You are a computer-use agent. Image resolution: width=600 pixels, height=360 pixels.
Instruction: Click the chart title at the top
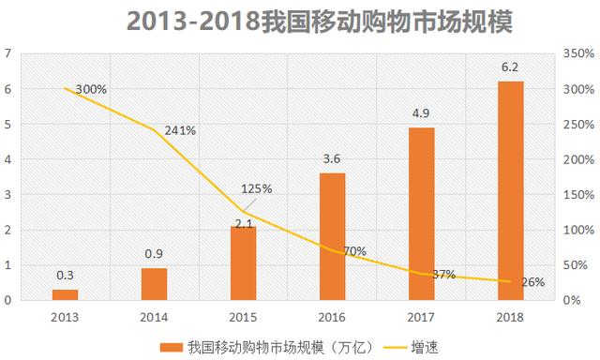[x=300, y=21]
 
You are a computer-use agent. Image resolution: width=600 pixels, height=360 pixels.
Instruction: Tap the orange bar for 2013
[x=66, y=294]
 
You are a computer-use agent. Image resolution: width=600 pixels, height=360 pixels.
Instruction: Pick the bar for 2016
[x=333, y=236]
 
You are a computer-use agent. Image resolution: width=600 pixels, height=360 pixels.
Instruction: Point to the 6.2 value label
[x=510, y=67]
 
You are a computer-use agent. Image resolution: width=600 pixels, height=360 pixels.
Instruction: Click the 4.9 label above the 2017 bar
[x=421, y=113]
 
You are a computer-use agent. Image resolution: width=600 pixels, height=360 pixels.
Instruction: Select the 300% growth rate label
[x=92, y=90]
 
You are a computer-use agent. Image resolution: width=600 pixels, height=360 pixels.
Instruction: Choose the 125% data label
[x=255, y=188]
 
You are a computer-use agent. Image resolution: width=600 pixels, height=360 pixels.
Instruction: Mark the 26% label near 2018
[x=532, y=281]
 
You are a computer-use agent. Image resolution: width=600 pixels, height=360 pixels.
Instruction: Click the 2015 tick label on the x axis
[x=244, y=316]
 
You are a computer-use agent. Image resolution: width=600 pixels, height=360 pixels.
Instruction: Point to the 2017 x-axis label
[x=421, y=316]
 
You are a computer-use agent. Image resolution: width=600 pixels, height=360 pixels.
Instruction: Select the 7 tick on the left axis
[x=8, y=53]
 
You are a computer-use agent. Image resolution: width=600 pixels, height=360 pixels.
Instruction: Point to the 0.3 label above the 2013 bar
[x=66, y=275]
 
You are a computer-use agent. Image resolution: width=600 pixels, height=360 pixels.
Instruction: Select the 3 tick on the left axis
[x=8, y=194]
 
